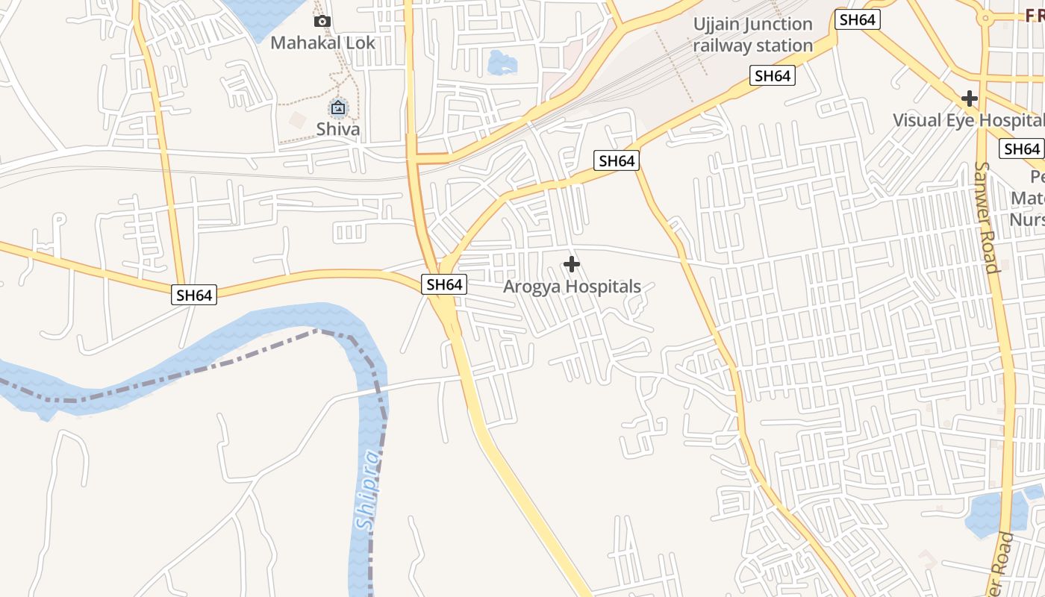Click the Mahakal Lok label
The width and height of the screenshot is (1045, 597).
322,42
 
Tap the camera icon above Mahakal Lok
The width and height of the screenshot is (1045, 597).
322,21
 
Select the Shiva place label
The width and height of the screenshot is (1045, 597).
338,128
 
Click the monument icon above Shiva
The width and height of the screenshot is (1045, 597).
338,108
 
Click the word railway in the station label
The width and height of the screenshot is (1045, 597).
722,46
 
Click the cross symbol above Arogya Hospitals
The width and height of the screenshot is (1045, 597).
572,264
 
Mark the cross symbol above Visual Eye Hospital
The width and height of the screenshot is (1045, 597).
970,98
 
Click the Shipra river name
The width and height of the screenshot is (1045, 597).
368,490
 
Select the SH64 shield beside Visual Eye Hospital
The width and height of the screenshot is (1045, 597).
1022,149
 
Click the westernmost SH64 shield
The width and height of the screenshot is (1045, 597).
194,295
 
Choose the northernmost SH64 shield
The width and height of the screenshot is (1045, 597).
857,19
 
